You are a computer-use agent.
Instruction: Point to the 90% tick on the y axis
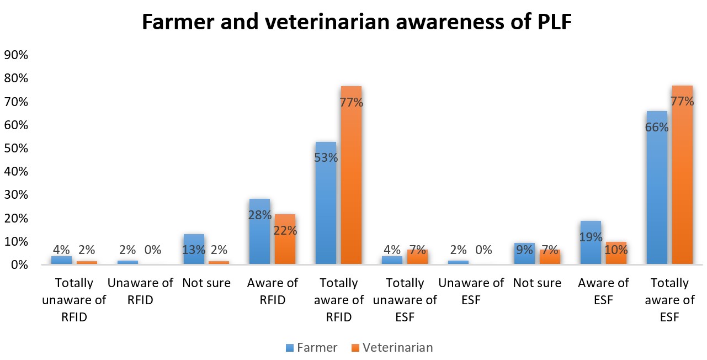pos(16,55)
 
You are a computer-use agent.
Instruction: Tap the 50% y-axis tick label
pos(16,149)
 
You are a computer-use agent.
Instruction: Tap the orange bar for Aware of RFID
pos(285,243)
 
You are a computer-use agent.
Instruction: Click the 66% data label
pos(657,127)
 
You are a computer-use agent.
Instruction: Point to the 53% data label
pos(326,158)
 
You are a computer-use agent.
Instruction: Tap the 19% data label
pos(591,238)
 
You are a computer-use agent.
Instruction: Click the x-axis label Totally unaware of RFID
pos(75,300)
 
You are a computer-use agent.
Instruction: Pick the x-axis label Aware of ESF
pos(603,292)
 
